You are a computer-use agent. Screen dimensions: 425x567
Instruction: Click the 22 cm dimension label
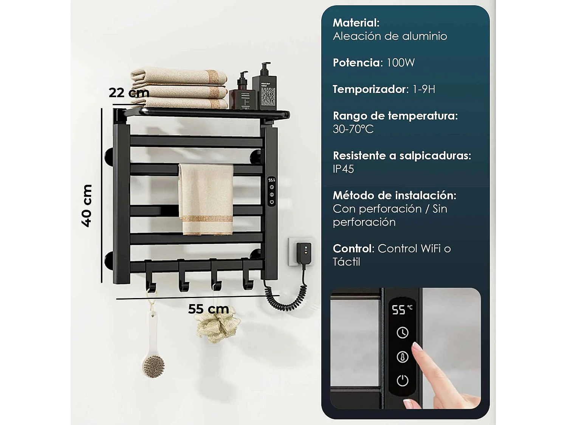click(129, 93)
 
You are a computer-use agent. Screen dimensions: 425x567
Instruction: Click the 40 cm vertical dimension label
click(87, 206)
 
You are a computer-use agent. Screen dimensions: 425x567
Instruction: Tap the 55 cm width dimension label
click(208, 309)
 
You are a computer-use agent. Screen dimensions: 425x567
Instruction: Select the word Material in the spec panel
click(356, 23)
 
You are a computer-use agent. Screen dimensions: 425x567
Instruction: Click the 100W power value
click(400, 63)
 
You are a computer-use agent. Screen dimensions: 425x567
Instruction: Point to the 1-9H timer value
click(424, 89)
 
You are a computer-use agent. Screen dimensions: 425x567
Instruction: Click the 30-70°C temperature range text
click(353, 129)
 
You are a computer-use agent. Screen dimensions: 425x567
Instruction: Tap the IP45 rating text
click(343, 169)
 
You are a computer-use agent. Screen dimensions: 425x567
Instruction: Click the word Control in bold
click(353, 249)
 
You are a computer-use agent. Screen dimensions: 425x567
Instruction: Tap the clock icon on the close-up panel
click(402, 332)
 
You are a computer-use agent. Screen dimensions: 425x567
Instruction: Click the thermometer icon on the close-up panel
click(402, 357)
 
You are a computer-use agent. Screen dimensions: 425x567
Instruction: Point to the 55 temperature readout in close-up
click(399, 310)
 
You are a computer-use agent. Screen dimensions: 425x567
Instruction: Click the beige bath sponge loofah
click(217, 327)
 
